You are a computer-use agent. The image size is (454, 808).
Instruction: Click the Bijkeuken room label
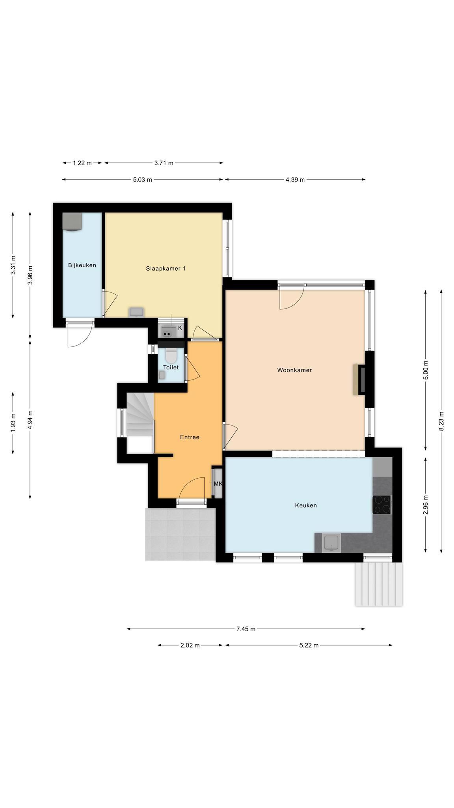click(82, 265)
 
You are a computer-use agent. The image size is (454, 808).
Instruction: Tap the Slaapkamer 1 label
click(166, 268)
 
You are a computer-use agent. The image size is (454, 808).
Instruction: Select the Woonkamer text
click(294, 370)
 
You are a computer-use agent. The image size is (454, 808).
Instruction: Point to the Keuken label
click(306, 505)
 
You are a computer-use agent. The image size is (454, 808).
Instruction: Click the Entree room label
click(190, 437)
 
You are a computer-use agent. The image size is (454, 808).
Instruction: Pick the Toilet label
click(171, 367)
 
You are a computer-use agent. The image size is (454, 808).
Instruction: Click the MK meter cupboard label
click(218, 484)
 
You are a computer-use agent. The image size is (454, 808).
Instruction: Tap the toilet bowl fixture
click(171, 356)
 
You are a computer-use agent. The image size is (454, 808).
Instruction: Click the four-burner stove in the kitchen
click(382, 504)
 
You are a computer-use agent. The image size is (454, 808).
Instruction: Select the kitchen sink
click(331, 543)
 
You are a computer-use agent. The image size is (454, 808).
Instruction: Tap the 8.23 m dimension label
click(441, 421)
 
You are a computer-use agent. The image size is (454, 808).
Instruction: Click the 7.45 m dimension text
click(246, 629)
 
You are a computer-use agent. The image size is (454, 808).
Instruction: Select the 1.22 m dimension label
click(82, 163)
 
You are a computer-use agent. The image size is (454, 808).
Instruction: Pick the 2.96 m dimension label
click(425, 505)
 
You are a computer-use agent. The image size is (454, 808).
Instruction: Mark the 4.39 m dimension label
click(295, 180)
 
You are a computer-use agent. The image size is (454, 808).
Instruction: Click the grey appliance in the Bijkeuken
click(72, 222)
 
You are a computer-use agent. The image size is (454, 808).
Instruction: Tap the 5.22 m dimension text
click(309, 645)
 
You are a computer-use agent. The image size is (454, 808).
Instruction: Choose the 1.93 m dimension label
click(13, 422)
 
